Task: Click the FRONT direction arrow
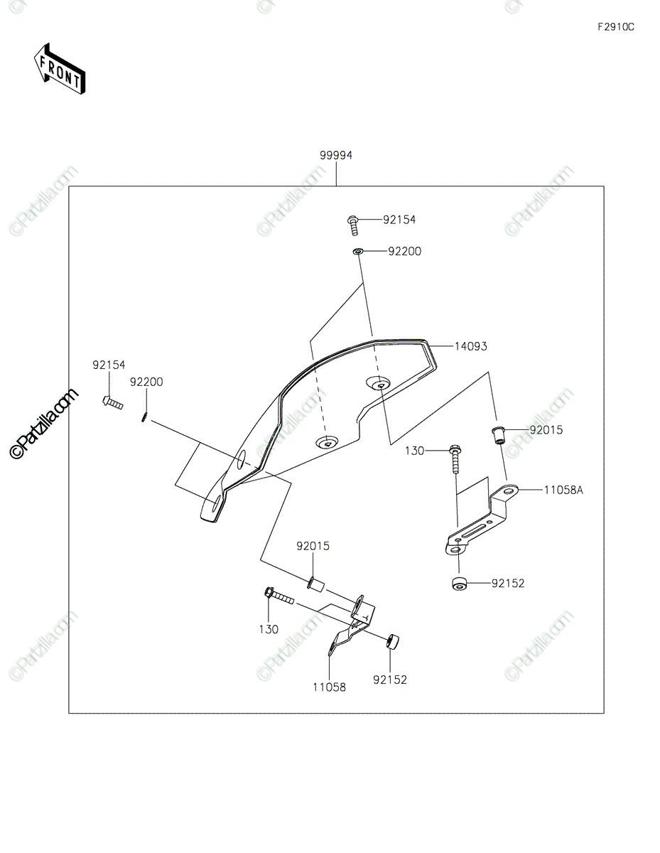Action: tap(60, 68)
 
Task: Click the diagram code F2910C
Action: tap(615, 27)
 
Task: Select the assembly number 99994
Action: tap(336, 155)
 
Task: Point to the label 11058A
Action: tap(563, 490)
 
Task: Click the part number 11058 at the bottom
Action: tap(329, 687)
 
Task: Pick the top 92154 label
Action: tap(399, 220)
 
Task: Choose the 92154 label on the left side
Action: tap(108, 365)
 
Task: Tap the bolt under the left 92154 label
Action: tap(112, 402)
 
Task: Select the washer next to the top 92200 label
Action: tap(359, 251)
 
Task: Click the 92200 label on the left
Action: tap(146, 382)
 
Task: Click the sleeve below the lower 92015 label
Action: tap(315, 585)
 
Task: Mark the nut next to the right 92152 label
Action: tap(459, 584)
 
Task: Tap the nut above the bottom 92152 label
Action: tap(394, 641)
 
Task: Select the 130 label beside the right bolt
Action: tap(415, 451)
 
